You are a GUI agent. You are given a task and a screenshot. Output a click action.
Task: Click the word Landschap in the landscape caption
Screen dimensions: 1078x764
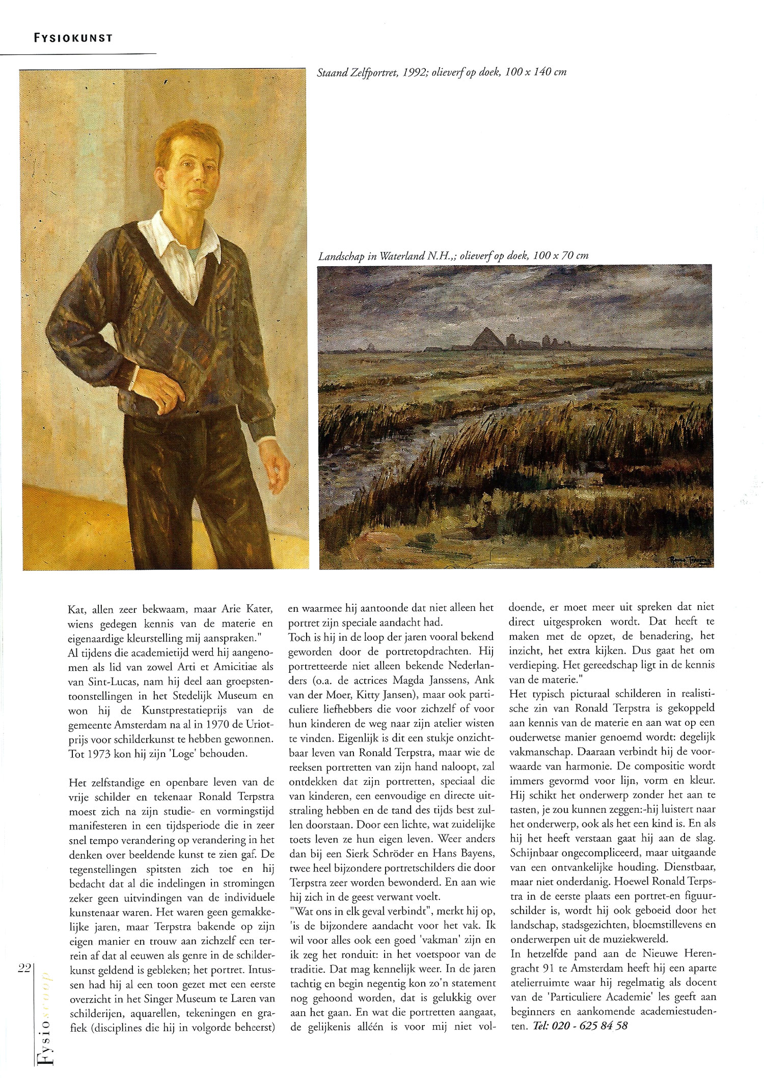pyautogui.click(x=341, y=256)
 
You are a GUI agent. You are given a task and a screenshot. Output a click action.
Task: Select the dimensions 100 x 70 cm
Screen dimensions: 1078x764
pyautogui.click(x=559, y=256)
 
